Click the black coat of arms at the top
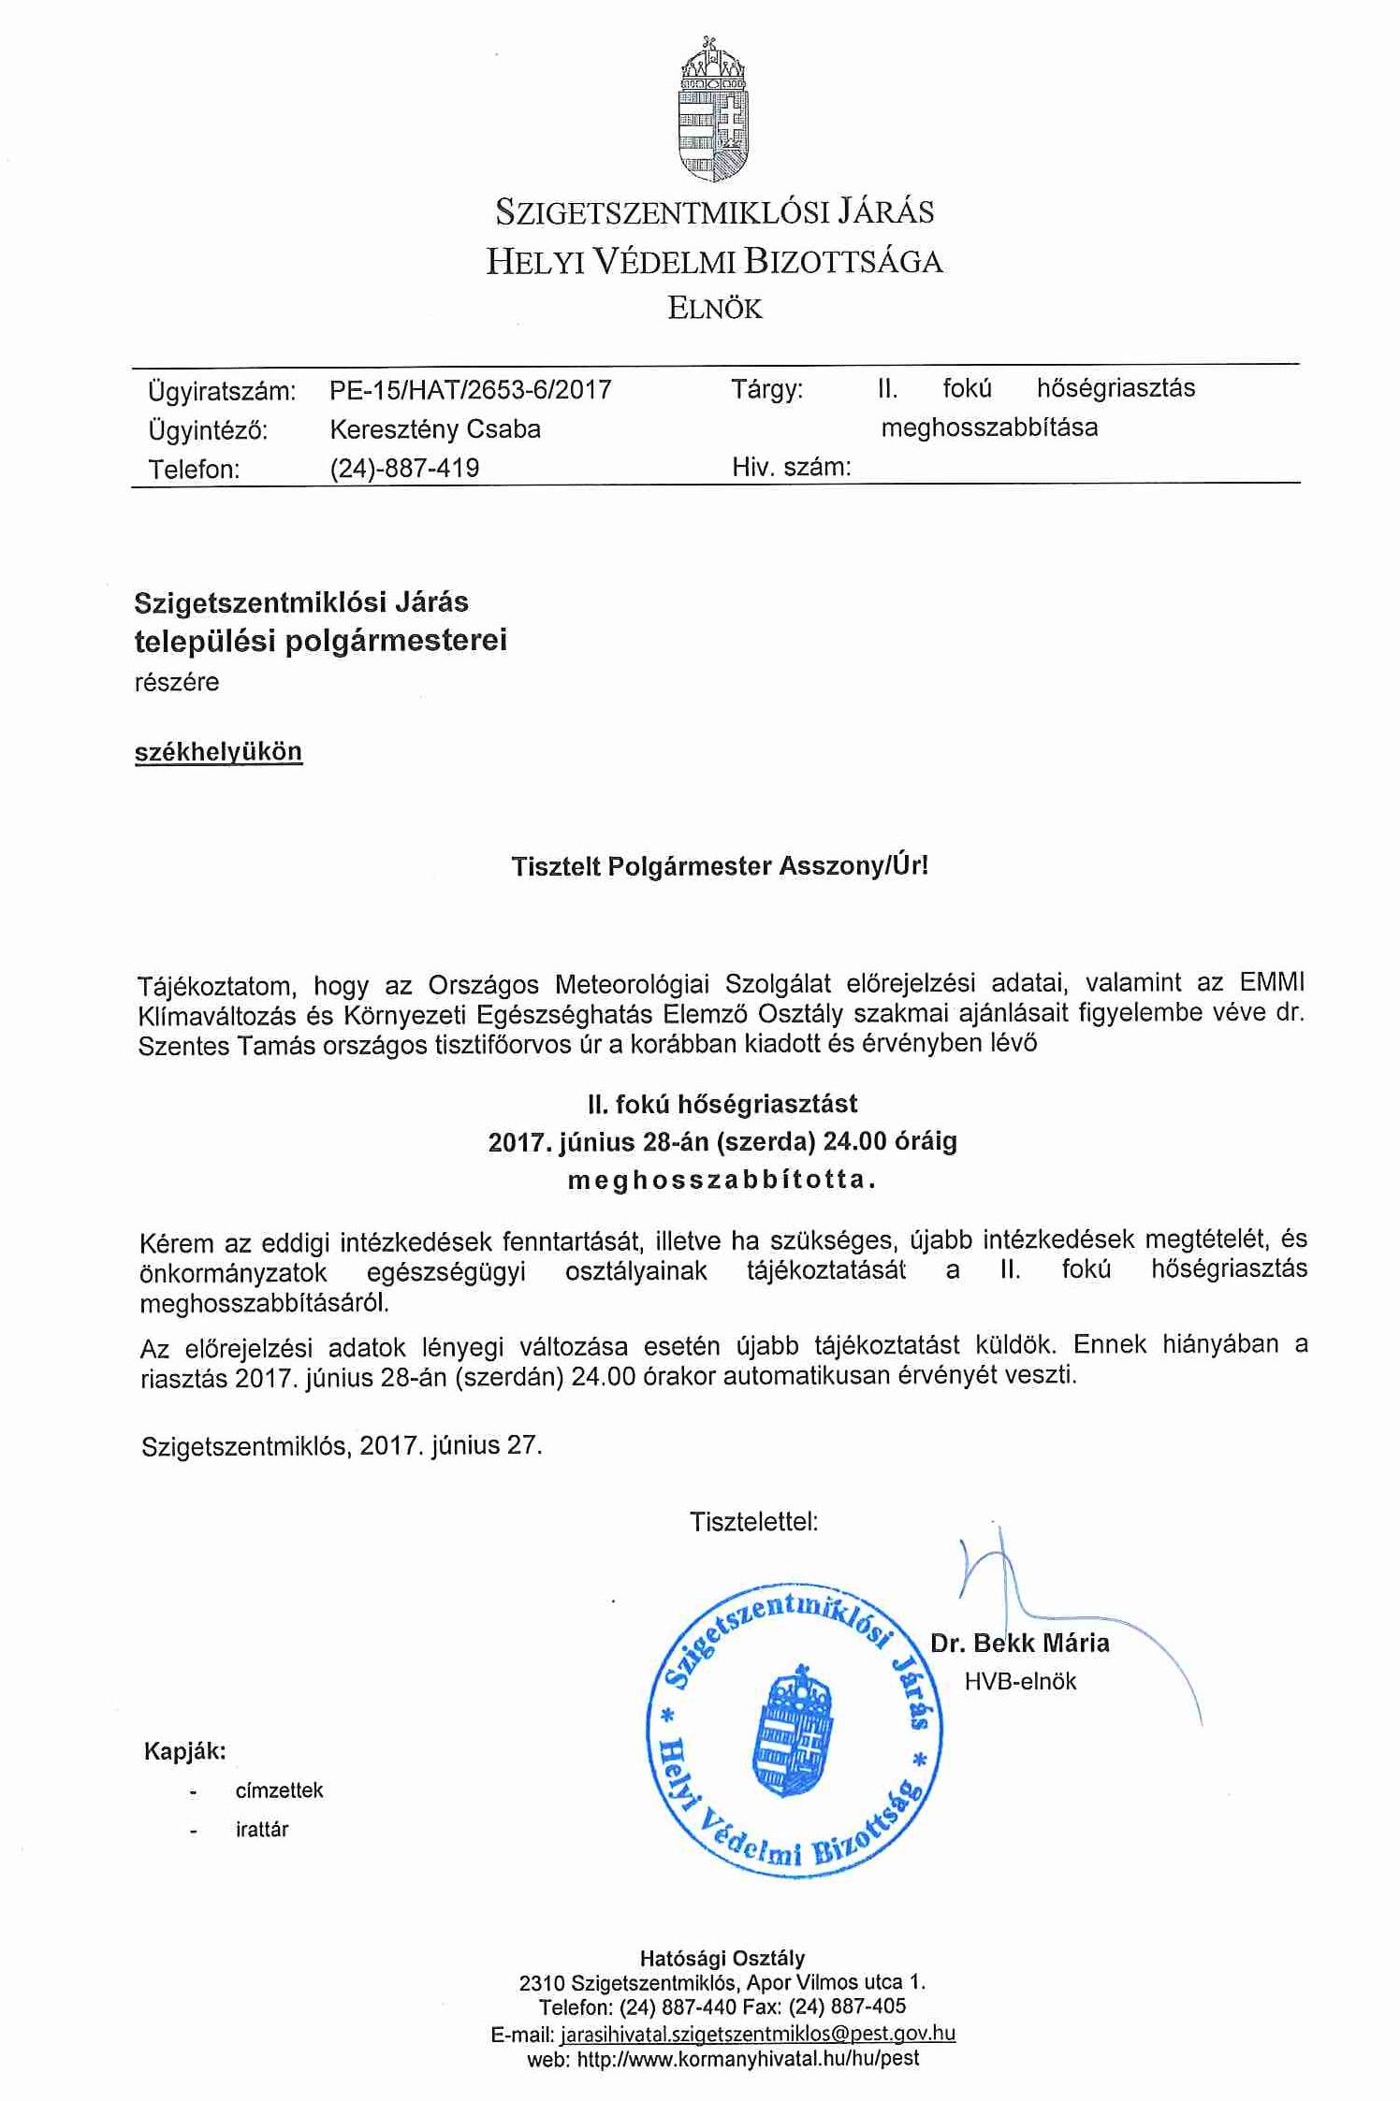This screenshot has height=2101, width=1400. (713, 110)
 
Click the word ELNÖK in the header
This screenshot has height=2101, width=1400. (715, 309)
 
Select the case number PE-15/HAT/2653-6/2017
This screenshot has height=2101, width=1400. (471, 389)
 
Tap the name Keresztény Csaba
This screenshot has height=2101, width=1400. (435, 429)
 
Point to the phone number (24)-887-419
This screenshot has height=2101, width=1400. (404, 468)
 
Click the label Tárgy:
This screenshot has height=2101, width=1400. (766, 389)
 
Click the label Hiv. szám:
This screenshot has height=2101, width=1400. (791, 467)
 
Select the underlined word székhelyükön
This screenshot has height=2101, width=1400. (218, 752)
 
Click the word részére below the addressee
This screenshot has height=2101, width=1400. (177, 682)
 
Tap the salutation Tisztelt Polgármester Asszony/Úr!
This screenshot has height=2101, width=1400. (720, 865)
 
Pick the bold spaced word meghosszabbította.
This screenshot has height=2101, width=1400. (722, 1180)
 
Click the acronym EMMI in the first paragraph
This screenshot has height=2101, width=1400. (1271, 983)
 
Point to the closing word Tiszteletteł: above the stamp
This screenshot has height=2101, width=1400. (753, 1522)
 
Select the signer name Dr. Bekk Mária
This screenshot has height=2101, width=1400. (1020, 1643)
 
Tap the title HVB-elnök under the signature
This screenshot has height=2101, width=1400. (1020, 1681)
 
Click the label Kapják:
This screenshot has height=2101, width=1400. (185, 1751)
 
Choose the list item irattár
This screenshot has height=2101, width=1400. (262, 1829)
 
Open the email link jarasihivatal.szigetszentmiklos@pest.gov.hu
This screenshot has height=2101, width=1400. (757, 2034)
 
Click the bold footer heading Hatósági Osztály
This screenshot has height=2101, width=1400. (722, 1958)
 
